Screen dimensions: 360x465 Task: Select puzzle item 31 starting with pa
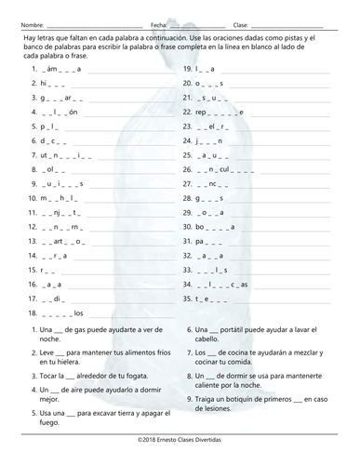click(207, 241)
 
